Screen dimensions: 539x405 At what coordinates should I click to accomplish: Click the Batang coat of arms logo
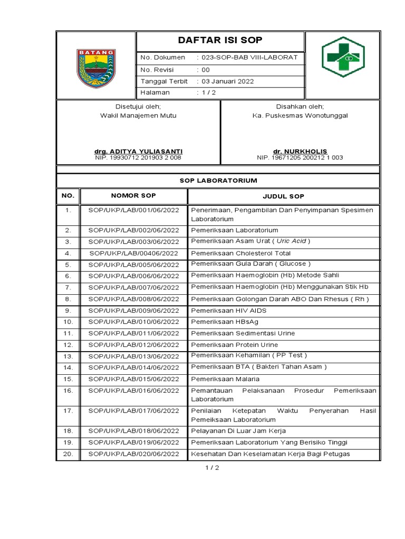coord(96,68)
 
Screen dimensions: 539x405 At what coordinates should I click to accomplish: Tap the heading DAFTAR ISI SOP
coord(220,41)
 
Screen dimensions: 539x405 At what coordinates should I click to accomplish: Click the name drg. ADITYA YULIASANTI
coord(138,152)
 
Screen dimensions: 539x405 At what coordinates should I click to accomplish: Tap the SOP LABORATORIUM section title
coord(218,181)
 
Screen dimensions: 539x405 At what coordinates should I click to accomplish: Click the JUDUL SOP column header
coord(283,196)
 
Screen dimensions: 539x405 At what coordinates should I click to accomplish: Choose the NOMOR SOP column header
coord(133,196)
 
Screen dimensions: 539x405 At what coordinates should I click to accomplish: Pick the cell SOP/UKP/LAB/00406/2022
coord(134,253)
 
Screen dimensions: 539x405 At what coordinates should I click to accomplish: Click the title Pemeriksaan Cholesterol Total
coord(234,253)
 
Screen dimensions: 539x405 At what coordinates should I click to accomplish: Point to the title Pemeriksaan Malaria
coord(218,379)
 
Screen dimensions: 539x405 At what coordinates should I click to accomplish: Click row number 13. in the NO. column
coord(67,356)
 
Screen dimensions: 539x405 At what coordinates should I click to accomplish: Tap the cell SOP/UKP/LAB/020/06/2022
coord(134,454)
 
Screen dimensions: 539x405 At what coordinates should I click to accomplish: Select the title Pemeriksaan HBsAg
coord(217,322)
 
